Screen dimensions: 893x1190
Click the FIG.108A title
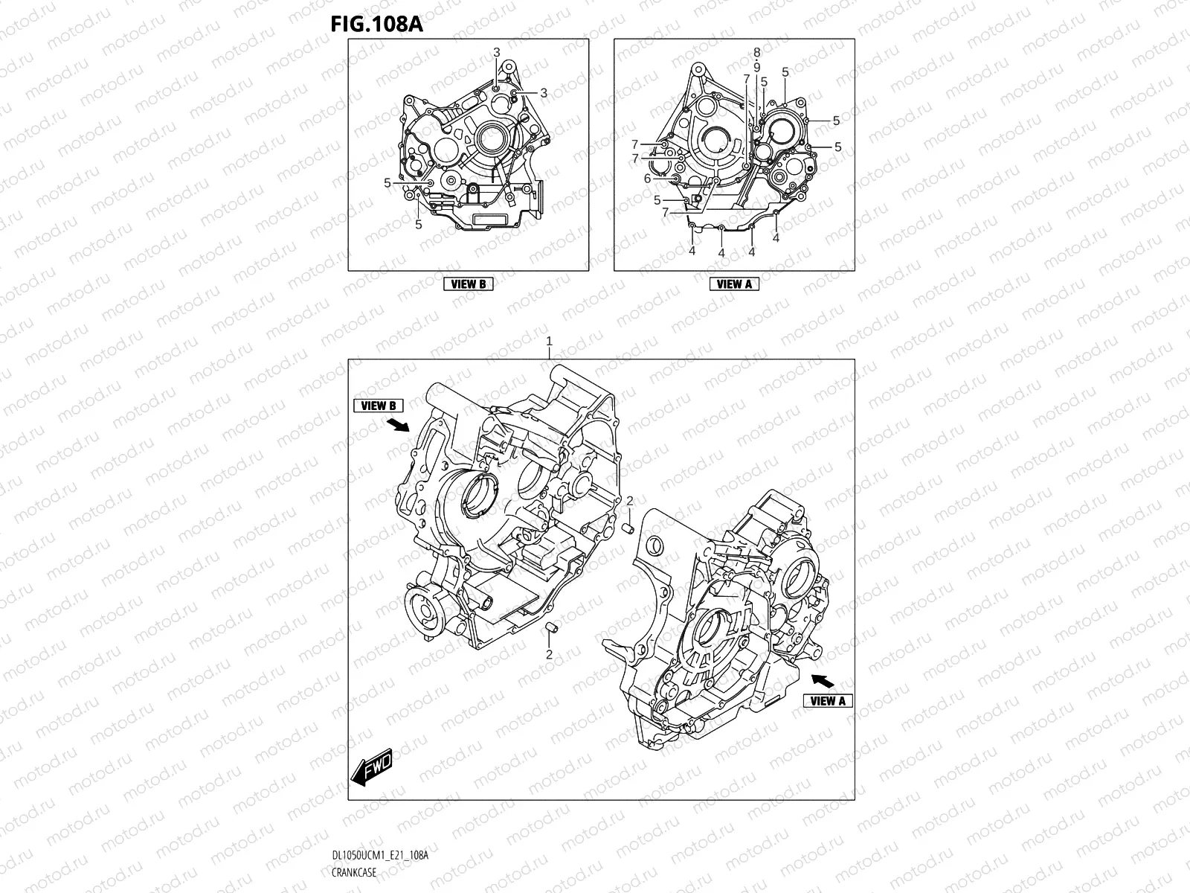coord(376,24)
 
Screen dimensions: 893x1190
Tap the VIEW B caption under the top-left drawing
coord(468,284)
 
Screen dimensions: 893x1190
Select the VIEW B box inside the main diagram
coord(378,406)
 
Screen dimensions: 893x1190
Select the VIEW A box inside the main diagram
coord(828,700)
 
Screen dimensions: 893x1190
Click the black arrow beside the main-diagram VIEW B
coord(399,424)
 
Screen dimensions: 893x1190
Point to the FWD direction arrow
coord(372,766)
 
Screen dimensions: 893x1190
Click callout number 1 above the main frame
coord(549,341)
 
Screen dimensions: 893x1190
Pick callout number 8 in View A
coord(756,52)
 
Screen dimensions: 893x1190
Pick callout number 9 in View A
coord(756,67)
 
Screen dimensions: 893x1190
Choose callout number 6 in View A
coord(647,179)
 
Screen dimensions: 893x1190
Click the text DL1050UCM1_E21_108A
coord(380,857)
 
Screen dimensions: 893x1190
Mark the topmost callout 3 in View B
coord(497,51)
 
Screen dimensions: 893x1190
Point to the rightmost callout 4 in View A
coord(776,237)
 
